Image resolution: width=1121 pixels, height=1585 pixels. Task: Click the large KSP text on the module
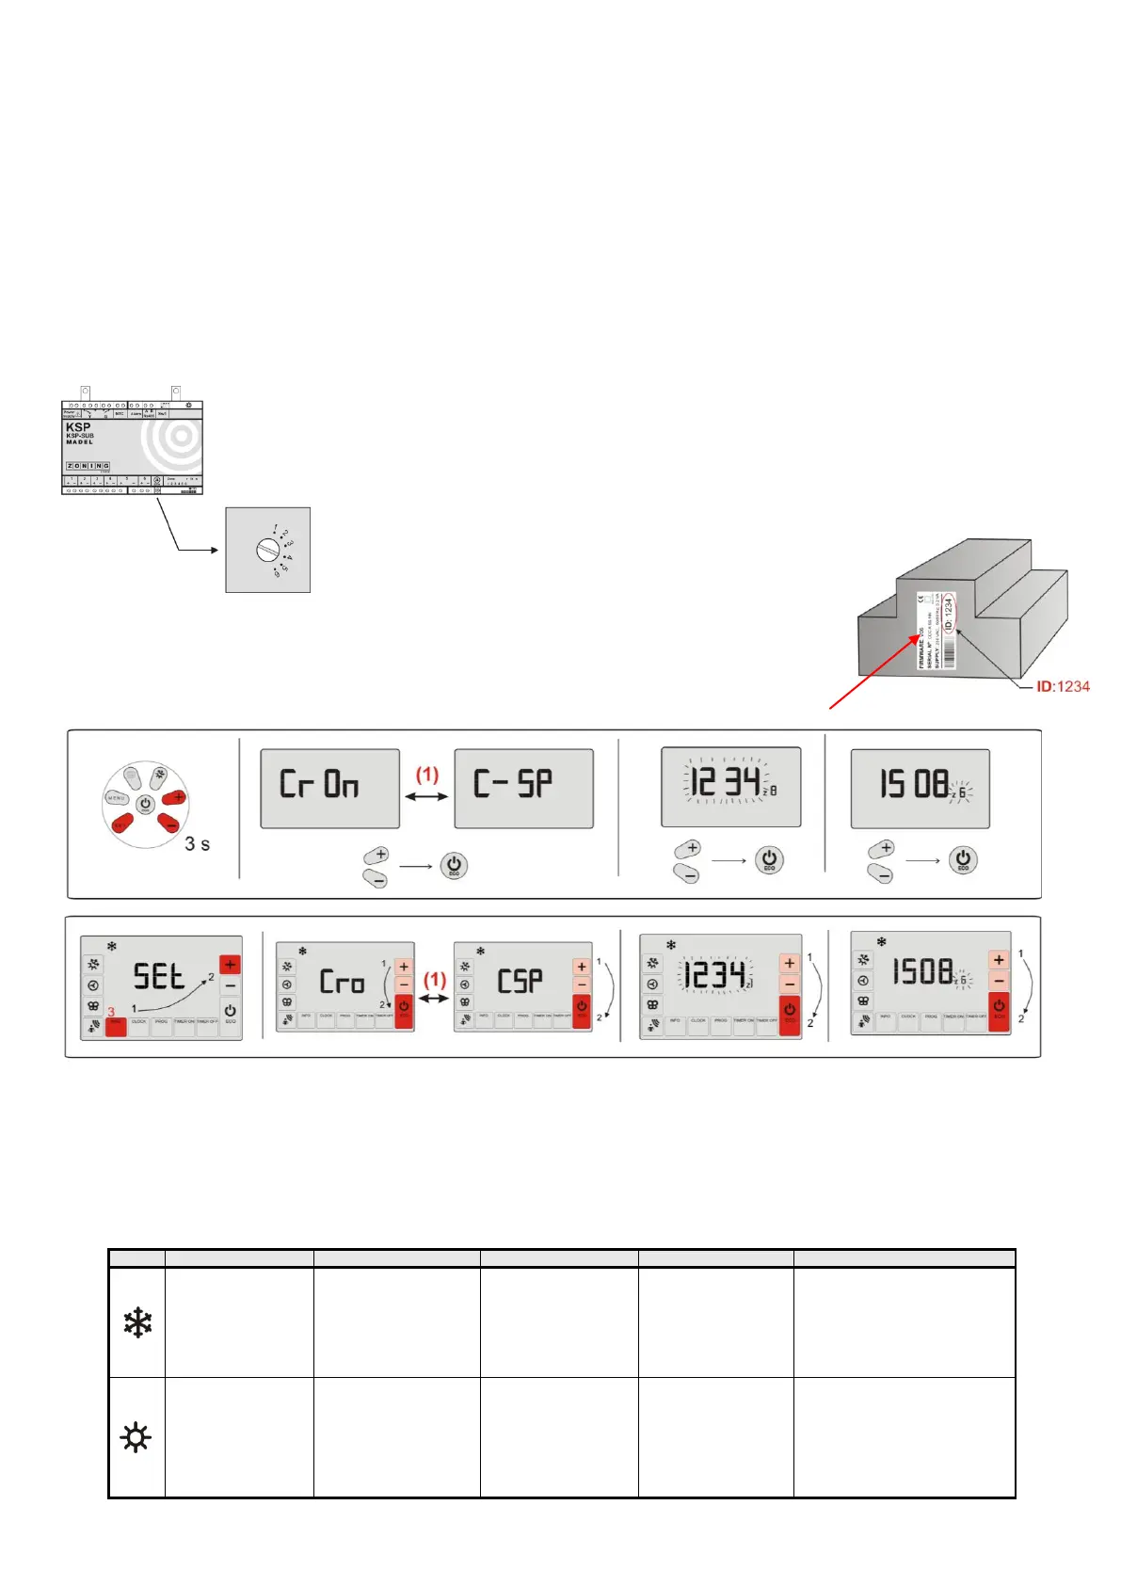(78, 427)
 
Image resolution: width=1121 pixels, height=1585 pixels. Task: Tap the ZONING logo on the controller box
(88, 466)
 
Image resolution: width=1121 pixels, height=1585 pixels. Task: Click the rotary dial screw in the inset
(267, 550)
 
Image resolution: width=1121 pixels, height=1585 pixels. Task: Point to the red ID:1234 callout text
(1063, 687)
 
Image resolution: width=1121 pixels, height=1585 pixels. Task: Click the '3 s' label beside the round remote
(197, 844)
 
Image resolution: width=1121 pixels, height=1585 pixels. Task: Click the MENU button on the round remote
(116, 798)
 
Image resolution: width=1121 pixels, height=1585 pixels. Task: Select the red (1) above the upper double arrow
(427, 775)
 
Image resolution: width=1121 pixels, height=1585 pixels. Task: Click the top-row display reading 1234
(730, 787)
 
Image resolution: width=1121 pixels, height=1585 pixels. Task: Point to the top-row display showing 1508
(920, 788)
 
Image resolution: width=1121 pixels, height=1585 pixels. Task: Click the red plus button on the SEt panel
(230, 965)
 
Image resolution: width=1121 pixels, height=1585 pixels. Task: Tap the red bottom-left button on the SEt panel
(116, 1026)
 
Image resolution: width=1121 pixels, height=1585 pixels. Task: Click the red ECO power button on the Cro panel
(404, 1010)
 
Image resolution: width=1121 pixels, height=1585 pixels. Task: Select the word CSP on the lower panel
(520, 982)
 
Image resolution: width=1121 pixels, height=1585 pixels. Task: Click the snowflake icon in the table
(137, 1322)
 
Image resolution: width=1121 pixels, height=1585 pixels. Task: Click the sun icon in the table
(136, 1437)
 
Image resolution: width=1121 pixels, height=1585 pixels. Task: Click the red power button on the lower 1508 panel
(999, 1009)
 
